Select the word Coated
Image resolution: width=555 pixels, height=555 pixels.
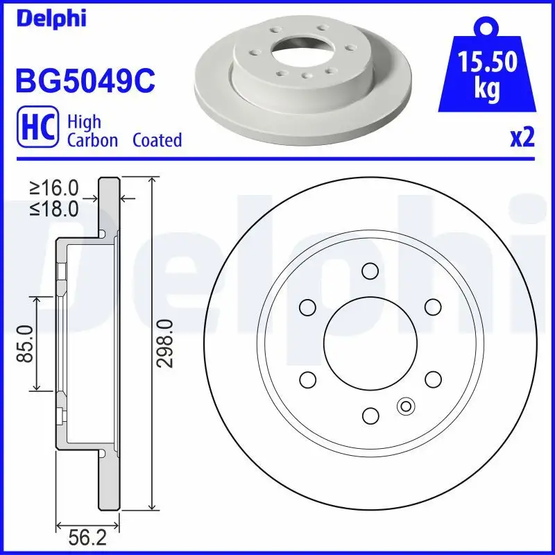click(x=157, y=140)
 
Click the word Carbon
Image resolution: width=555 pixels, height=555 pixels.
click(x=93, y=140)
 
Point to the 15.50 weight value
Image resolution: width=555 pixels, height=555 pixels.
click(x=486, y=63)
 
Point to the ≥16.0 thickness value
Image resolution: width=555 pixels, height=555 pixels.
click(x=54, y=188)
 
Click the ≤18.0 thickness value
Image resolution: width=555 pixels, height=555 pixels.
click(x=54, y=208)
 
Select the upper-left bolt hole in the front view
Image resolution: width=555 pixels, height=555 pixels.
click(x=307, y=307)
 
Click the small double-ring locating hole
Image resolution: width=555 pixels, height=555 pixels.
click(x=405, y=406)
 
